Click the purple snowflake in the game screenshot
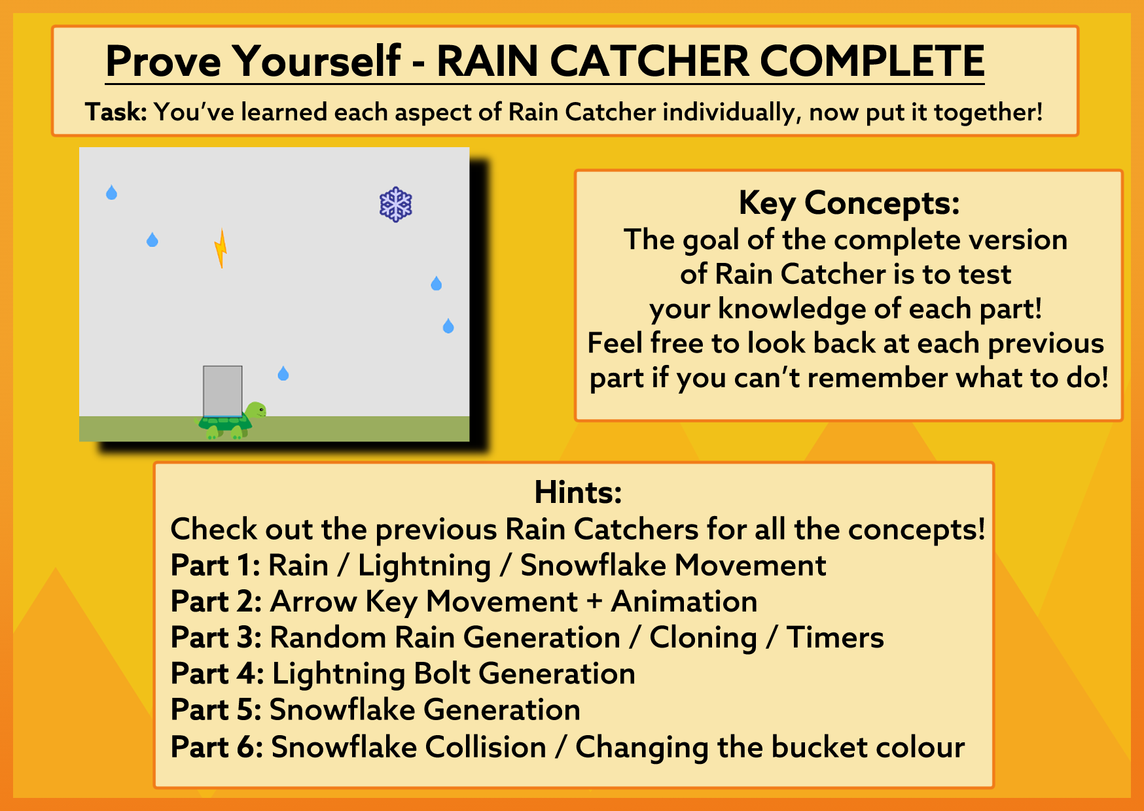pos(396,205)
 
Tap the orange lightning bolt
pos(221,249)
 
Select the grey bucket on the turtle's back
pos(223,391)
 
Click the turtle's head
pos(257,411)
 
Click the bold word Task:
pos(116,112)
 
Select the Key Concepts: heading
pos(849,203)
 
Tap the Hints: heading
pos(578,492)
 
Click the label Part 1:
pos(215,565)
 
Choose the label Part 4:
pos(217,674)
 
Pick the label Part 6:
pos(217,747)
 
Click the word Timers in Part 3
pos(835,638)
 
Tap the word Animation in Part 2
pos(684,602)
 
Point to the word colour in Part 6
pos(920,747)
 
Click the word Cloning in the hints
pos(703,638)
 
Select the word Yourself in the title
pos(317,61)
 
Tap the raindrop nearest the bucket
pos(283,373)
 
